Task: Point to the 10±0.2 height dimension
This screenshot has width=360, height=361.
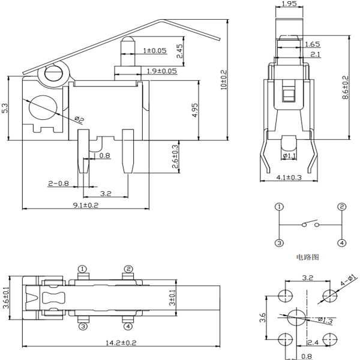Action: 224,79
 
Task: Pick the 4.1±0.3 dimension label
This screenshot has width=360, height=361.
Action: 289,178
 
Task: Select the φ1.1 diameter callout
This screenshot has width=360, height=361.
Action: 289,157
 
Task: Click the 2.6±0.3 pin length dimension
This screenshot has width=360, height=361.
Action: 175,157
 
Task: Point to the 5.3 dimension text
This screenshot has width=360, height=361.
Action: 5,109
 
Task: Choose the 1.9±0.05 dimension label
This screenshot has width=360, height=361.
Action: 162,71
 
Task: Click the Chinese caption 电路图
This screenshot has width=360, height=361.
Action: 307,257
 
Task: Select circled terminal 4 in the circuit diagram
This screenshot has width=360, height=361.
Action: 341,243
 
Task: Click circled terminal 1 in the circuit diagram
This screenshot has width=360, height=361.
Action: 279,207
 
